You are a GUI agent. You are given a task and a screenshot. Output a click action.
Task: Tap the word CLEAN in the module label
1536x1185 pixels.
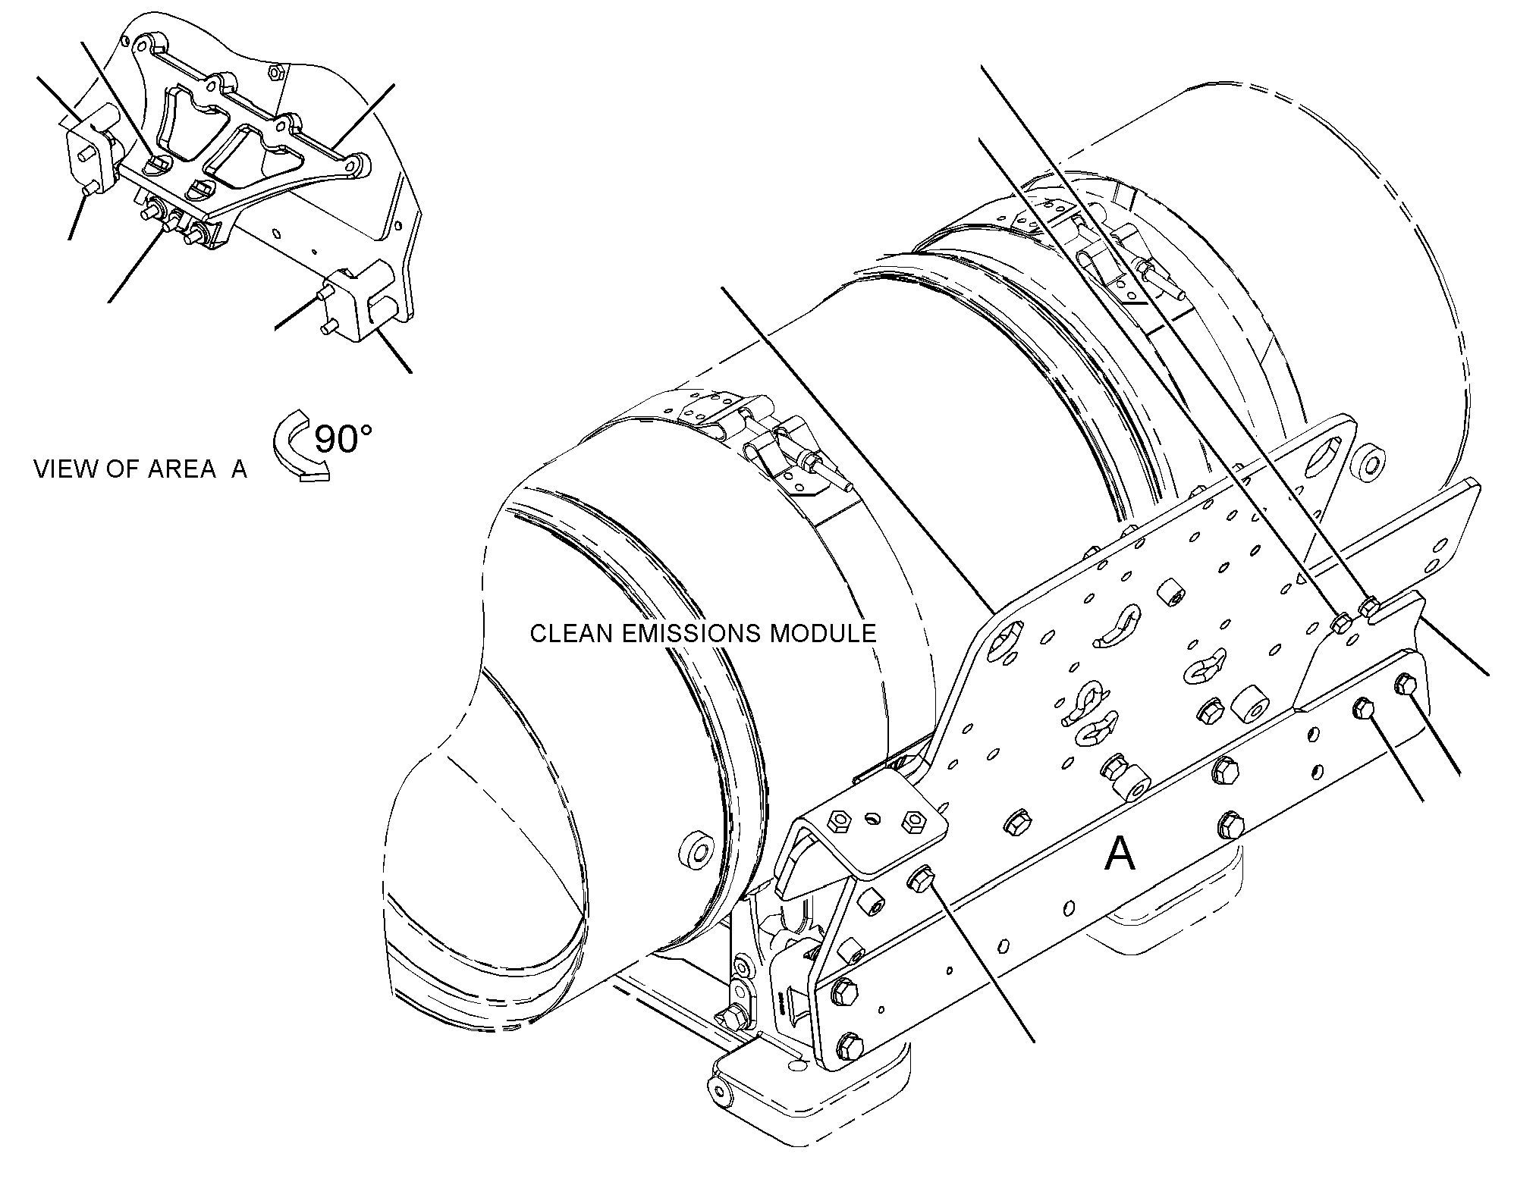[571, 633]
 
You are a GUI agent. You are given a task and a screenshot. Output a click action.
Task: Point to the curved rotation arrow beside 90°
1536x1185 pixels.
[292, 447]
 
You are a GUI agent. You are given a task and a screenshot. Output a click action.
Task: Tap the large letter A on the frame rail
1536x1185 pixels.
[1120, 855]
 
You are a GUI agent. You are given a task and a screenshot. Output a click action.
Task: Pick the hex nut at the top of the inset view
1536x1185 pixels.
[276, 73]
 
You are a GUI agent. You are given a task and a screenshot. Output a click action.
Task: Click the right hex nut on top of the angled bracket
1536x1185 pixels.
[912, 820]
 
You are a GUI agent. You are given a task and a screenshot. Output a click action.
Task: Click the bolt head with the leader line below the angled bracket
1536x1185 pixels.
[919, 879]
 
